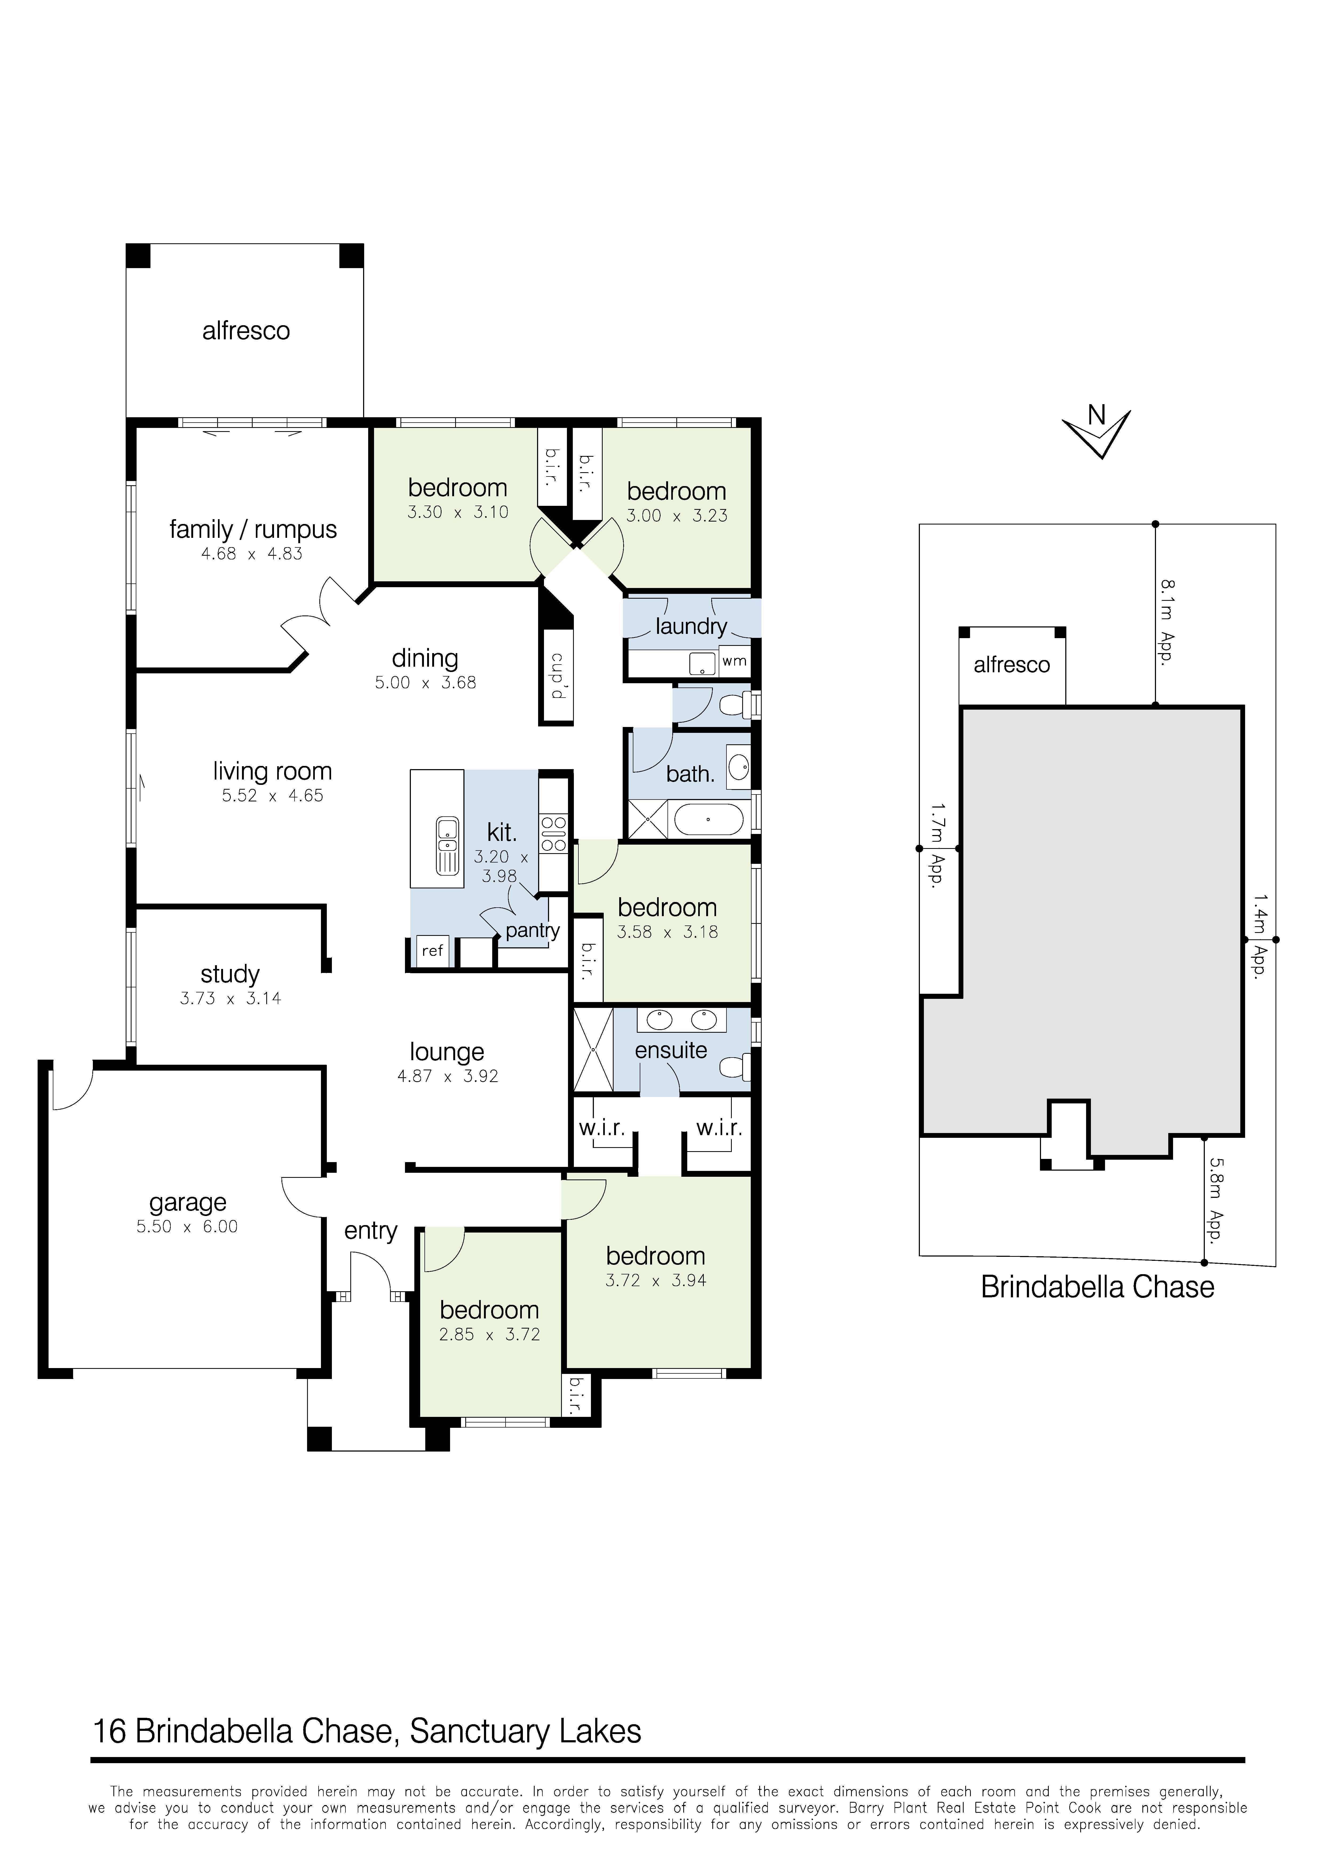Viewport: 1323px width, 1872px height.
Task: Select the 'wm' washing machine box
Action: [734, 661]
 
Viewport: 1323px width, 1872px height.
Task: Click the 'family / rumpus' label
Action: [253, 530]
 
